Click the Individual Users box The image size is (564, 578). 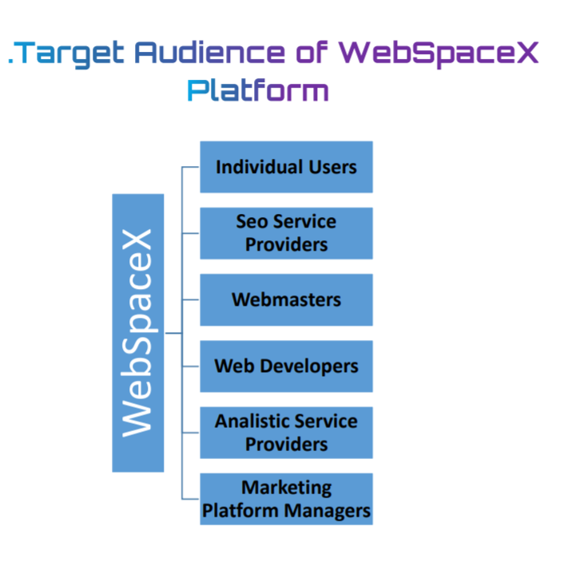point(286,167)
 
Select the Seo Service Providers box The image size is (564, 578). point(286,233)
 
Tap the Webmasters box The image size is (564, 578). point(286,299)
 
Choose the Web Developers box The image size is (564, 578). point(286,366)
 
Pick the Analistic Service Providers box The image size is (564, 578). point(286,432)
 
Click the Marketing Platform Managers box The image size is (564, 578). point(286,498)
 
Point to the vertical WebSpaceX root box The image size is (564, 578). point(137,332)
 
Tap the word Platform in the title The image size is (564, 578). point(257,90)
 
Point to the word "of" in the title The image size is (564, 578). point(311,53)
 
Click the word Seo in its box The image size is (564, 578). point(252,222)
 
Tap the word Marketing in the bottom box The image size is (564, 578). point(286,487)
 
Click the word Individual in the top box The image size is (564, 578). point(259,167)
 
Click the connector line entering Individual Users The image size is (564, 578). point(191,168)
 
